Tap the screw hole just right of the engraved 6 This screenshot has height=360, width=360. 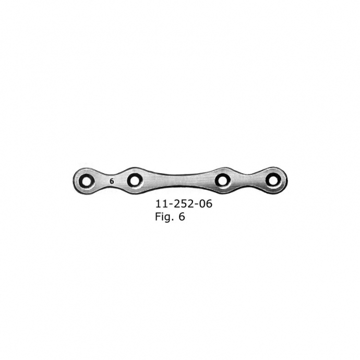pos(135,181)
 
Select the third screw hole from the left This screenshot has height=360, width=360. pos(223,181)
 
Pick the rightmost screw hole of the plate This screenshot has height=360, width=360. pos(272,180)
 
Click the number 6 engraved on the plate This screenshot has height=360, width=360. pos(111,181)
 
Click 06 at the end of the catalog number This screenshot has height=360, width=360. pos(205,204)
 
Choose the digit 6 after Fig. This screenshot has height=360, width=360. pos(181,217)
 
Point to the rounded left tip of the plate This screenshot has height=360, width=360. pos(75,181)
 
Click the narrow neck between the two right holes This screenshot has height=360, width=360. pos(248,179)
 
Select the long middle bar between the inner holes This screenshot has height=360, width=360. pos(178,180)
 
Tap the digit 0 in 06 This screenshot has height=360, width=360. pos(201,204)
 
